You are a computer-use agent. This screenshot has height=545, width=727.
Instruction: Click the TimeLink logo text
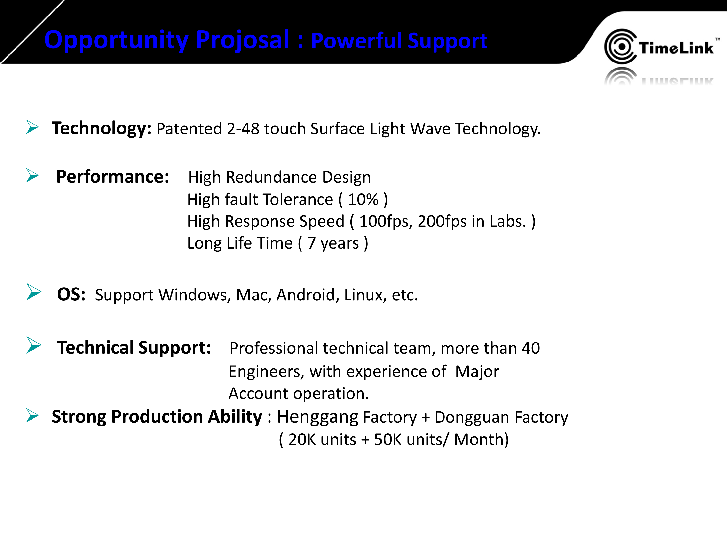(676, 48)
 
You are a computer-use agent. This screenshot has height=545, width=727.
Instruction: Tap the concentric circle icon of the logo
(620, 46)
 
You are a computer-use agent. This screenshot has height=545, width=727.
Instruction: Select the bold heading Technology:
(102, 128)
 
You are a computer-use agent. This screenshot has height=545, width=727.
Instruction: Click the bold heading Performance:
(113, 177)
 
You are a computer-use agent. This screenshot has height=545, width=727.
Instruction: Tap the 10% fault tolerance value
(363, 199)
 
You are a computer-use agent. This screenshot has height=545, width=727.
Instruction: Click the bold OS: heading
(71, 294)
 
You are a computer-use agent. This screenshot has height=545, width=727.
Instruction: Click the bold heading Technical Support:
(134, 348)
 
